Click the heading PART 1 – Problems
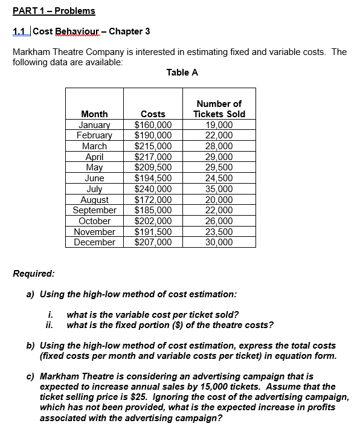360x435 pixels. coord(54,11)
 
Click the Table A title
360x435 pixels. coord(182,72)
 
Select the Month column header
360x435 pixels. coord(94,114)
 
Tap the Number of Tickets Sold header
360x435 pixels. coord(219,109)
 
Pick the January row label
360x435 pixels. coord(94,125)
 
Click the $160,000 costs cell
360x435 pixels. coord(153,125)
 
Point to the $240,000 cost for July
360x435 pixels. coord(153,188)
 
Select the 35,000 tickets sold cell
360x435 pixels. coord(219,188)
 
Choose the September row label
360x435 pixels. coord(94,210)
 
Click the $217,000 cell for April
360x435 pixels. coord(153,156)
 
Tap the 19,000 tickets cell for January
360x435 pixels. coord(219,125)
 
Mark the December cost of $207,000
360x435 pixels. coord(153,242)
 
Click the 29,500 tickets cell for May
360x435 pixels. coord(219,167)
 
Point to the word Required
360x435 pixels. coord(33,273)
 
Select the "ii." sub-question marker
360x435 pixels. coord(50,324)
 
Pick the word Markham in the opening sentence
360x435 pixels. coord(32,52)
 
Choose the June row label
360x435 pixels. coord(94,178)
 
